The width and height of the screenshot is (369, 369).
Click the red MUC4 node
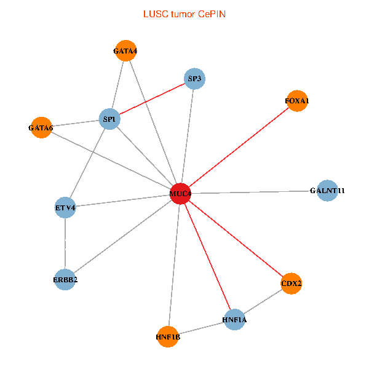[x=181, y=194]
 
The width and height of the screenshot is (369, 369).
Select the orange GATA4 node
[x=125, y=51]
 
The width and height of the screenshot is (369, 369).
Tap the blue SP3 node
[x=194, y=79]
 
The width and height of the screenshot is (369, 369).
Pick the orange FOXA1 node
[x=297, y=100]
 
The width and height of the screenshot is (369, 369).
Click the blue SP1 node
[x=109, y=119]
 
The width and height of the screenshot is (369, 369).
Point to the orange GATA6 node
[x=41, y=128]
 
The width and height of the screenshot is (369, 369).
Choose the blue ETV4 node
[x=65, y=208]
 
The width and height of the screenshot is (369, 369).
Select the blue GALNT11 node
[x=327, y=191]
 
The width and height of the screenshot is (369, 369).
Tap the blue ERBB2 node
[x=65, y=280]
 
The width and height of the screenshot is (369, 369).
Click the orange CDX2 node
[x=291, y=284]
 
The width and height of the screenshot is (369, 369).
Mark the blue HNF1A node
[x=234, y=320]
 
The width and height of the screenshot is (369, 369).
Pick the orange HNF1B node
[x=168, y=336]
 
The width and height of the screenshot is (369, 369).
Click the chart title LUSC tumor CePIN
[x=184, y=14]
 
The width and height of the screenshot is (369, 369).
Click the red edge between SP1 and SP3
[x=152, y=98]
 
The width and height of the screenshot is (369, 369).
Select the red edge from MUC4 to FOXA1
[x=239, y=147]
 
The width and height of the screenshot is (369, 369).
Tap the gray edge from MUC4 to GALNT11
[x=254, y=192]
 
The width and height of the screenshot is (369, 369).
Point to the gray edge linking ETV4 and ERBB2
[x=65, y=244]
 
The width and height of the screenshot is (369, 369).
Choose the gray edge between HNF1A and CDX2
[x=263, y=301]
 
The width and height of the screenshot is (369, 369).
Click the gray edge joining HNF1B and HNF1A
[x=201, y=328]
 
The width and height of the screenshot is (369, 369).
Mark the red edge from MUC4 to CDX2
[x=236, y=239]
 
